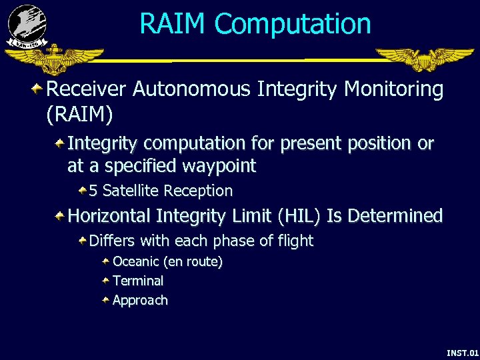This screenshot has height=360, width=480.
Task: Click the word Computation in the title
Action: tap(293, 24)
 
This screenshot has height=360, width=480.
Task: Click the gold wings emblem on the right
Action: tap(423, 59)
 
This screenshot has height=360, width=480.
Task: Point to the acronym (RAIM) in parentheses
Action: tap(79, 115)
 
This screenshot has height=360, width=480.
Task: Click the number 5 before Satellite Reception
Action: tap(93, 191)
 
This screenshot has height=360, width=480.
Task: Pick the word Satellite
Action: tap(131, 191)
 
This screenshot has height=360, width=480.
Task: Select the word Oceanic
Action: tap(136, 262)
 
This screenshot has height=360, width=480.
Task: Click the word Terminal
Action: tap(138, 281)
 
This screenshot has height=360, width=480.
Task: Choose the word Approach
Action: tap(140, 301)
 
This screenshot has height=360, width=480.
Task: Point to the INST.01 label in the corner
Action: tap(462, 352)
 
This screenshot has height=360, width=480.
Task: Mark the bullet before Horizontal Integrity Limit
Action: tap(60, 216)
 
